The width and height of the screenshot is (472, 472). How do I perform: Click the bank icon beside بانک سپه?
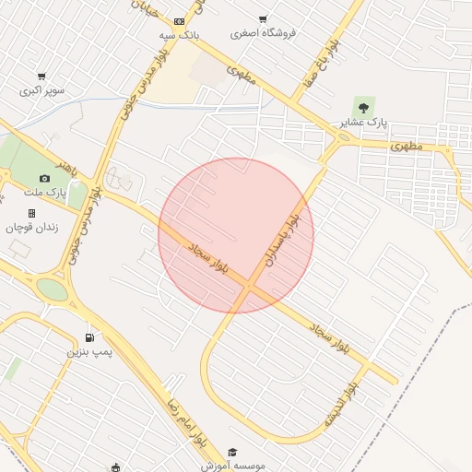(x=179, y=20)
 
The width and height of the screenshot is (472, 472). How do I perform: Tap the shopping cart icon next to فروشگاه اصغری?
(x=263, y=19)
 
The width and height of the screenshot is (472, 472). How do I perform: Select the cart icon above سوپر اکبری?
(x=41, y=77)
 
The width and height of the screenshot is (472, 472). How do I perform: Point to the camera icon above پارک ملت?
(x=44, y=178)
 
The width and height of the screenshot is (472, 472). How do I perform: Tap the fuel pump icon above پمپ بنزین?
(x=88, y=337)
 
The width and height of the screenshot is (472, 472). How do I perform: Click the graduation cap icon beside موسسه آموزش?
(x=232, y=452)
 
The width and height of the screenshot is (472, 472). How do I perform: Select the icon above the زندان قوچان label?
(x=31, y=213)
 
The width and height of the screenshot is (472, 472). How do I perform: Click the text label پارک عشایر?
(x=364, y=123)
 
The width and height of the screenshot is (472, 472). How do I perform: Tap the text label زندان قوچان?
(x=31, y=227)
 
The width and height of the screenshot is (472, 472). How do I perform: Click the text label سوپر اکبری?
(x=41, y=91)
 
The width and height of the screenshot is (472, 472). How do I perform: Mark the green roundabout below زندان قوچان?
(x=53, y=290)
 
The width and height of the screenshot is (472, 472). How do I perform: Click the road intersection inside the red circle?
(x=249, y=289)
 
